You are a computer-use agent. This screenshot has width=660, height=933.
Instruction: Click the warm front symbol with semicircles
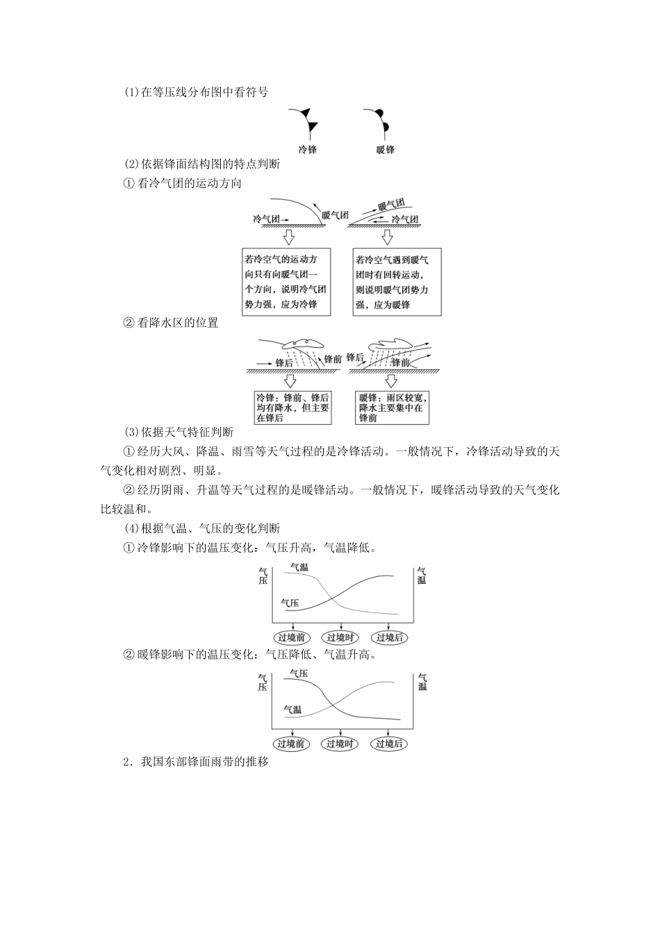(x=377, y=121)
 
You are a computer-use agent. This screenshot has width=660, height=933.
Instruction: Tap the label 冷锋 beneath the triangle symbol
(x=307, y=149)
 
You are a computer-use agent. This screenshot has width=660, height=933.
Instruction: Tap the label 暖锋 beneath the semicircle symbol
(x=386, y=149)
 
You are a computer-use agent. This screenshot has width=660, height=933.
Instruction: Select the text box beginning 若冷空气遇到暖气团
(x=392, y=283)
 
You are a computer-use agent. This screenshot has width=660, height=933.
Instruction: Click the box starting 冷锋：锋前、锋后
(x=292, y=408)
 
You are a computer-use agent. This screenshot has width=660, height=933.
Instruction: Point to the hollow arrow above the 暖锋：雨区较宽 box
(x=392, y=380)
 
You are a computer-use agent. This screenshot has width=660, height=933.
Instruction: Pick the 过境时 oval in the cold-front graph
(x=340, y=637)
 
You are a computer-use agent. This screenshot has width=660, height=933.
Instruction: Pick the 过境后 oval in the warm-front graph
(x=389, y=743)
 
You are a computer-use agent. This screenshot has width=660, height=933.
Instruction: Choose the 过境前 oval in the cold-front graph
(x=292, y=637)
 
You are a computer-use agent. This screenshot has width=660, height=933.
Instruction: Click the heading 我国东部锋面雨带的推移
(x=195, y=762)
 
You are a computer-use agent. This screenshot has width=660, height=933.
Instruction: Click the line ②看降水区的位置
(x=170, y=323)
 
